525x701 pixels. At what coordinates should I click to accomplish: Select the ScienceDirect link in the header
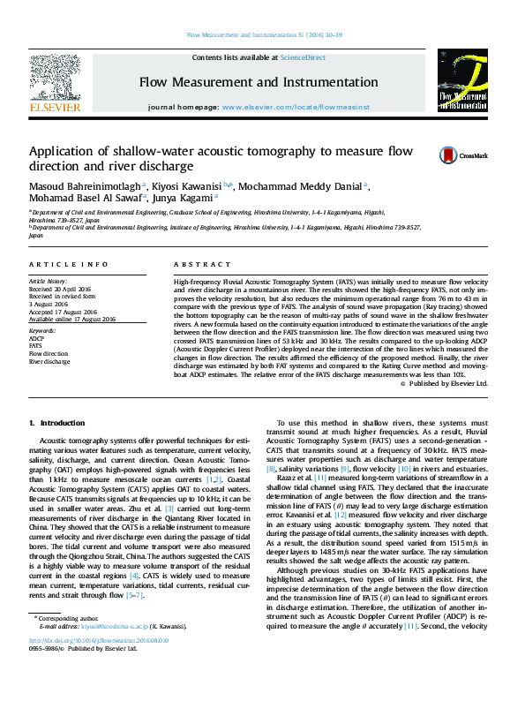click(302, 57)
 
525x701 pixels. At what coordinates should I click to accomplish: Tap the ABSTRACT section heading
click(196, 265)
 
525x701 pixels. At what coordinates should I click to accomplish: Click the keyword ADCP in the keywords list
click(37, 338)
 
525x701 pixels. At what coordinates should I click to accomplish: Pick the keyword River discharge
click(49, 362)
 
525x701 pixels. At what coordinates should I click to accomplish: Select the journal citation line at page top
click(261, 36)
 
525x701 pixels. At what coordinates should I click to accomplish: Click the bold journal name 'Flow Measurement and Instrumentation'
click(261, 83)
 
